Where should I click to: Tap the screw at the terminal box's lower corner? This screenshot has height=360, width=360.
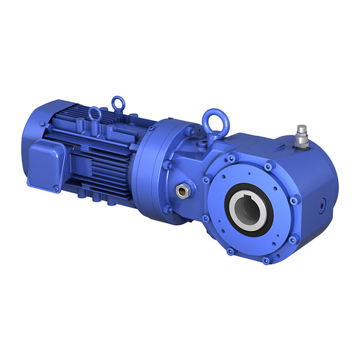57,188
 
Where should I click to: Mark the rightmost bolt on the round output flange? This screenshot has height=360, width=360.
293,201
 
